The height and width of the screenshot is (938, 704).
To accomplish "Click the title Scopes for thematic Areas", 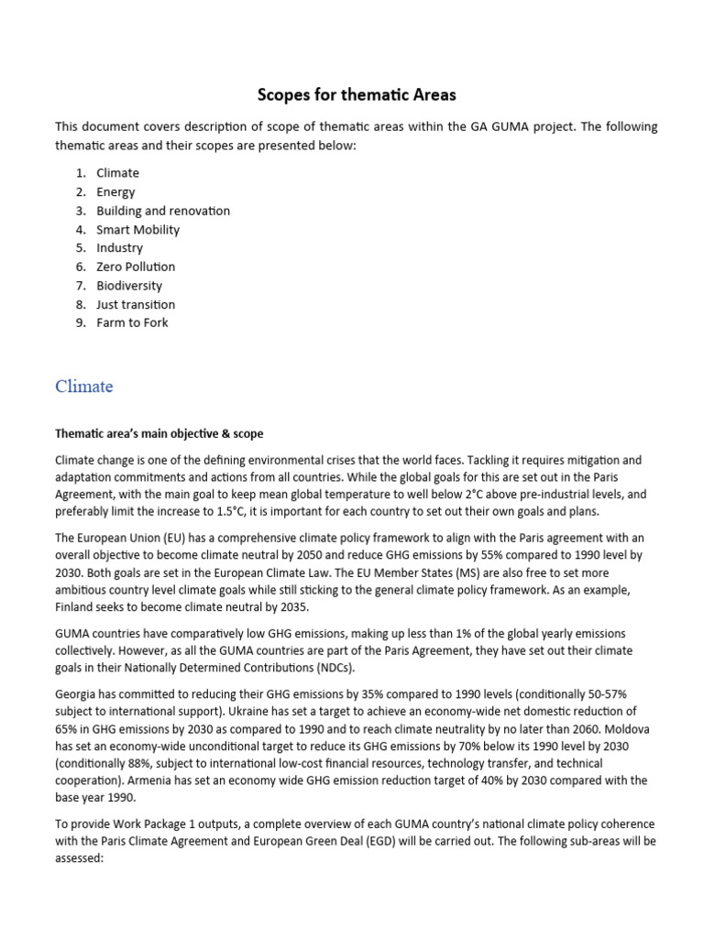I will [355, 94].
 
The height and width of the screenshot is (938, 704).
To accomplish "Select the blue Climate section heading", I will [84, 387].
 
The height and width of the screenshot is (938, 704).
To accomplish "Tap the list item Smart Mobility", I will [137, 229].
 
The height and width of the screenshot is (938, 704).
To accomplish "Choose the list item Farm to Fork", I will [132, 322].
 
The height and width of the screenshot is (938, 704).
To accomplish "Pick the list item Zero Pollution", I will [136, 267].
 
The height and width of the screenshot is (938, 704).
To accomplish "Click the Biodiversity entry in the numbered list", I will [129, 285].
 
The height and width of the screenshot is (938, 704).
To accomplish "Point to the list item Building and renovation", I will [163, 211].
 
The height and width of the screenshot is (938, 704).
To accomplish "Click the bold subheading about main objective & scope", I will [159, 433].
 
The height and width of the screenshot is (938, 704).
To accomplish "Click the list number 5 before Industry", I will [80, 248].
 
